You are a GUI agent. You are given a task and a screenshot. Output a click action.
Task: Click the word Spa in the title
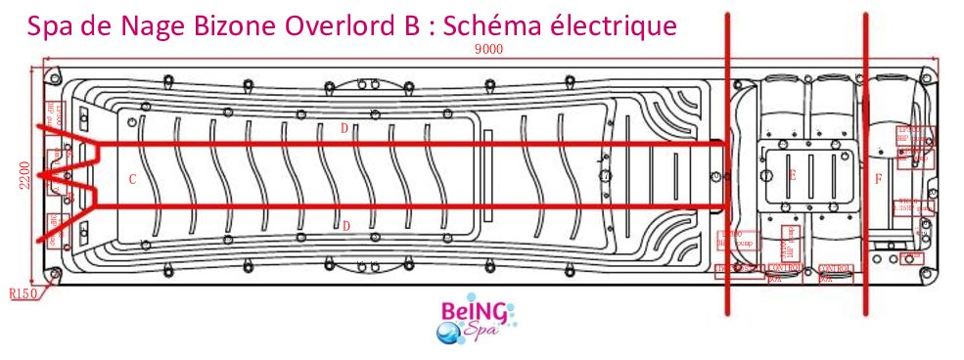tap(52, 26)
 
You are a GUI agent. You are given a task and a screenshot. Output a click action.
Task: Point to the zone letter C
tap(132, 180)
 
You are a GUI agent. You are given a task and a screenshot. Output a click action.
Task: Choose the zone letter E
tap(792, 176)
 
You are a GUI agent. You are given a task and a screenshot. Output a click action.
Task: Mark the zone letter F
tap(878, 179)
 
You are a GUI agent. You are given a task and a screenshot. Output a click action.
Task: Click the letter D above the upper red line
tap(344, 128)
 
